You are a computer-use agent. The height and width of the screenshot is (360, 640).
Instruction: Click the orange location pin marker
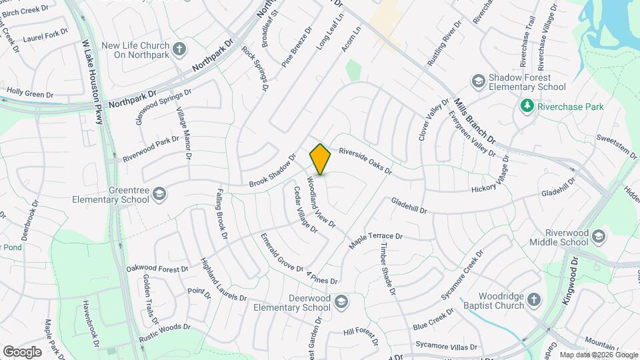click(320, 159)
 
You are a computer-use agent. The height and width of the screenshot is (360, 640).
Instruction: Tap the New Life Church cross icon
click(179, 49)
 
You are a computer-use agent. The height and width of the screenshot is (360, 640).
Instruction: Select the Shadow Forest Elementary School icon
click(477, 81)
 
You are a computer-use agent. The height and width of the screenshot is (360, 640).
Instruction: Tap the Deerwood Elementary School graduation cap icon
click(341, 302)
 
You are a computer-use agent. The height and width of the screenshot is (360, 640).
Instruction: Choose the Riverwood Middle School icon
click(599, 237)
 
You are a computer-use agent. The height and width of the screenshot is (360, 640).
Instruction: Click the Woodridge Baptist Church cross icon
click(533, 300)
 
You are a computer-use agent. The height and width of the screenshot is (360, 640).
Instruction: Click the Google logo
click(22, 352)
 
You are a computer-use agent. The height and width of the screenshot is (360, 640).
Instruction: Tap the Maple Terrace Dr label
click(377, 241)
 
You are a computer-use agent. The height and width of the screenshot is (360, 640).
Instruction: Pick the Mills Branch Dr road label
click(475, 121)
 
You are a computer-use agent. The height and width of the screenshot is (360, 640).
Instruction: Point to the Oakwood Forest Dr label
click(157, 269)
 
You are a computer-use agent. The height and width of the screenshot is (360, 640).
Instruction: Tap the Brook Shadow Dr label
click(272, 171)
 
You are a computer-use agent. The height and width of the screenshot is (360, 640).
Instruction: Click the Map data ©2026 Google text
click(598, 355)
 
